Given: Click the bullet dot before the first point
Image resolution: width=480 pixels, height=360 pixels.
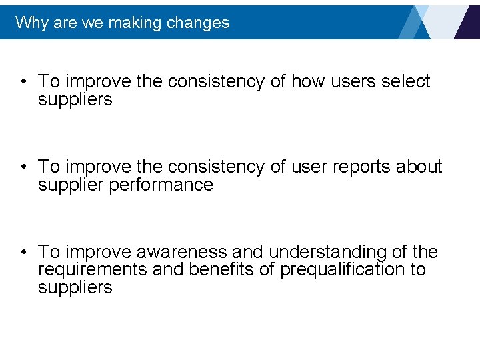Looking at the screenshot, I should pyautogui.click(x=23, y=82).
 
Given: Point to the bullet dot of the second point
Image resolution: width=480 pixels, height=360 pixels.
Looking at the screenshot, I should pyautogui.click(x=23, y=167).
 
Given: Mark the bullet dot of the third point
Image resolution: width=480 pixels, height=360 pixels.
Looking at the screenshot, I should pyautogui.click(x=23, y=253).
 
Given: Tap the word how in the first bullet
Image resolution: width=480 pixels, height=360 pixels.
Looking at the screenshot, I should pyautogui.click(x=306, y=81).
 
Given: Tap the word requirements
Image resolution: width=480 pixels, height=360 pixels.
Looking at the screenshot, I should pyautogui.click(x=93, y=270).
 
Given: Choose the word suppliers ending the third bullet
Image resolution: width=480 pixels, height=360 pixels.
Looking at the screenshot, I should pyautogui.click(x=75, y=288).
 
